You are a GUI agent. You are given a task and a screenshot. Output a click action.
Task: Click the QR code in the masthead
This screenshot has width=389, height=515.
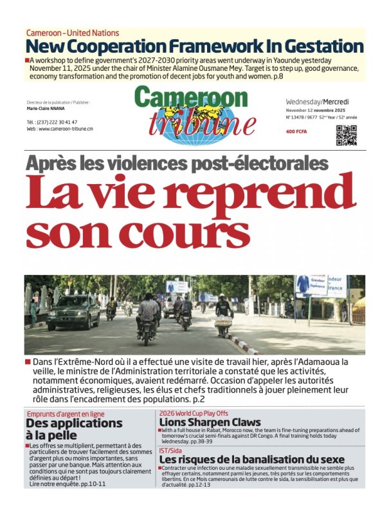coord(346,136)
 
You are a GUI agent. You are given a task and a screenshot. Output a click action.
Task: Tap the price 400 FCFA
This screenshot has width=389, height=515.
coord(298,132)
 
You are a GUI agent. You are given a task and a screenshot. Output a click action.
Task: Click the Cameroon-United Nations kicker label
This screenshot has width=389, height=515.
coord(73,33)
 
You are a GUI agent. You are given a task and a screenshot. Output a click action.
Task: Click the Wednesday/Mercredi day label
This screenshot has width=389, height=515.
coord(317,102)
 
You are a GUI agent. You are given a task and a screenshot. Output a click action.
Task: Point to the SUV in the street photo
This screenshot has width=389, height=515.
coord(74,312)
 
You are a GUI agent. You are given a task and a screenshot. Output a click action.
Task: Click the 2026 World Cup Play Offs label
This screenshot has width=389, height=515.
coord(194,412)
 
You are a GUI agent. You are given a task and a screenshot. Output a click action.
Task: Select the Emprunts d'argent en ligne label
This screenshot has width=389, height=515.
coord(65,413)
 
